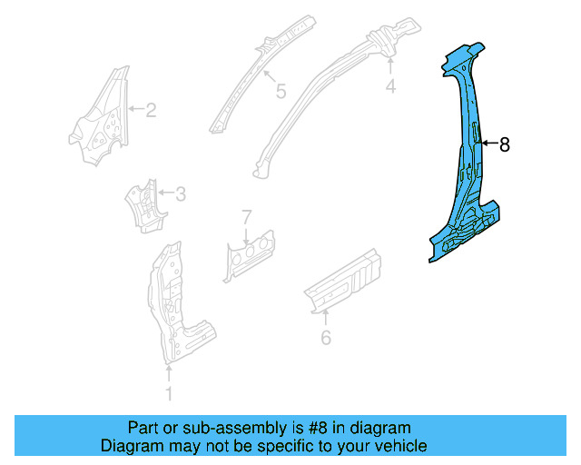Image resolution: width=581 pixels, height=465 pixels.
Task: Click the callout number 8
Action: pyautogui.click(x=505, y=143)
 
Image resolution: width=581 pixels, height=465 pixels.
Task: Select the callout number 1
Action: pyautogui.click(x=168, y=393)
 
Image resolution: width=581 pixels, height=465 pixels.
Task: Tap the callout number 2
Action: pyautogui.click(x=151, y=111)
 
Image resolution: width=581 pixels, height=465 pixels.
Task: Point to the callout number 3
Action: pyautogui.click(x=181, y=193)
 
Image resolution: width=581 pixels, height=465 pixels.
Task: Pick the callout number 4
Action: pyautogui.click(x=390, y=86)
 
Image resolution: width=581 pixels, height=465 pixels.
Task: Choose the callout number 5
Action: pyautogui.click(x=281, y=91)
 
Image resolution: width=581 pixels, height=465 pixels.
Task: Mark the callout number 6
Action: pyautogui.click(x=326, y=338)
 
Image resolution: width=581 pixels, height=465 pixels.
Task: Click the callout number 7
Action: pyautogui.click(x=245, y=216)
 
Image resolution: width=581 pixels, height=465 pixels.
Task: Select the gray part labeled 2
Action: pyautogui.click(x=98, y=118)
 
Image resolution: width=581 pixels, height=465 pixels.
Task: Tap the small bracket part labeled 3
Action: pyautogui.click(x=142, y=204)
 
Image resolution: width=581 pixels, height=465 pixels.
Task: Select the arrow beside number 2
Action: pyautogui.click(x=136, y=111)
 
